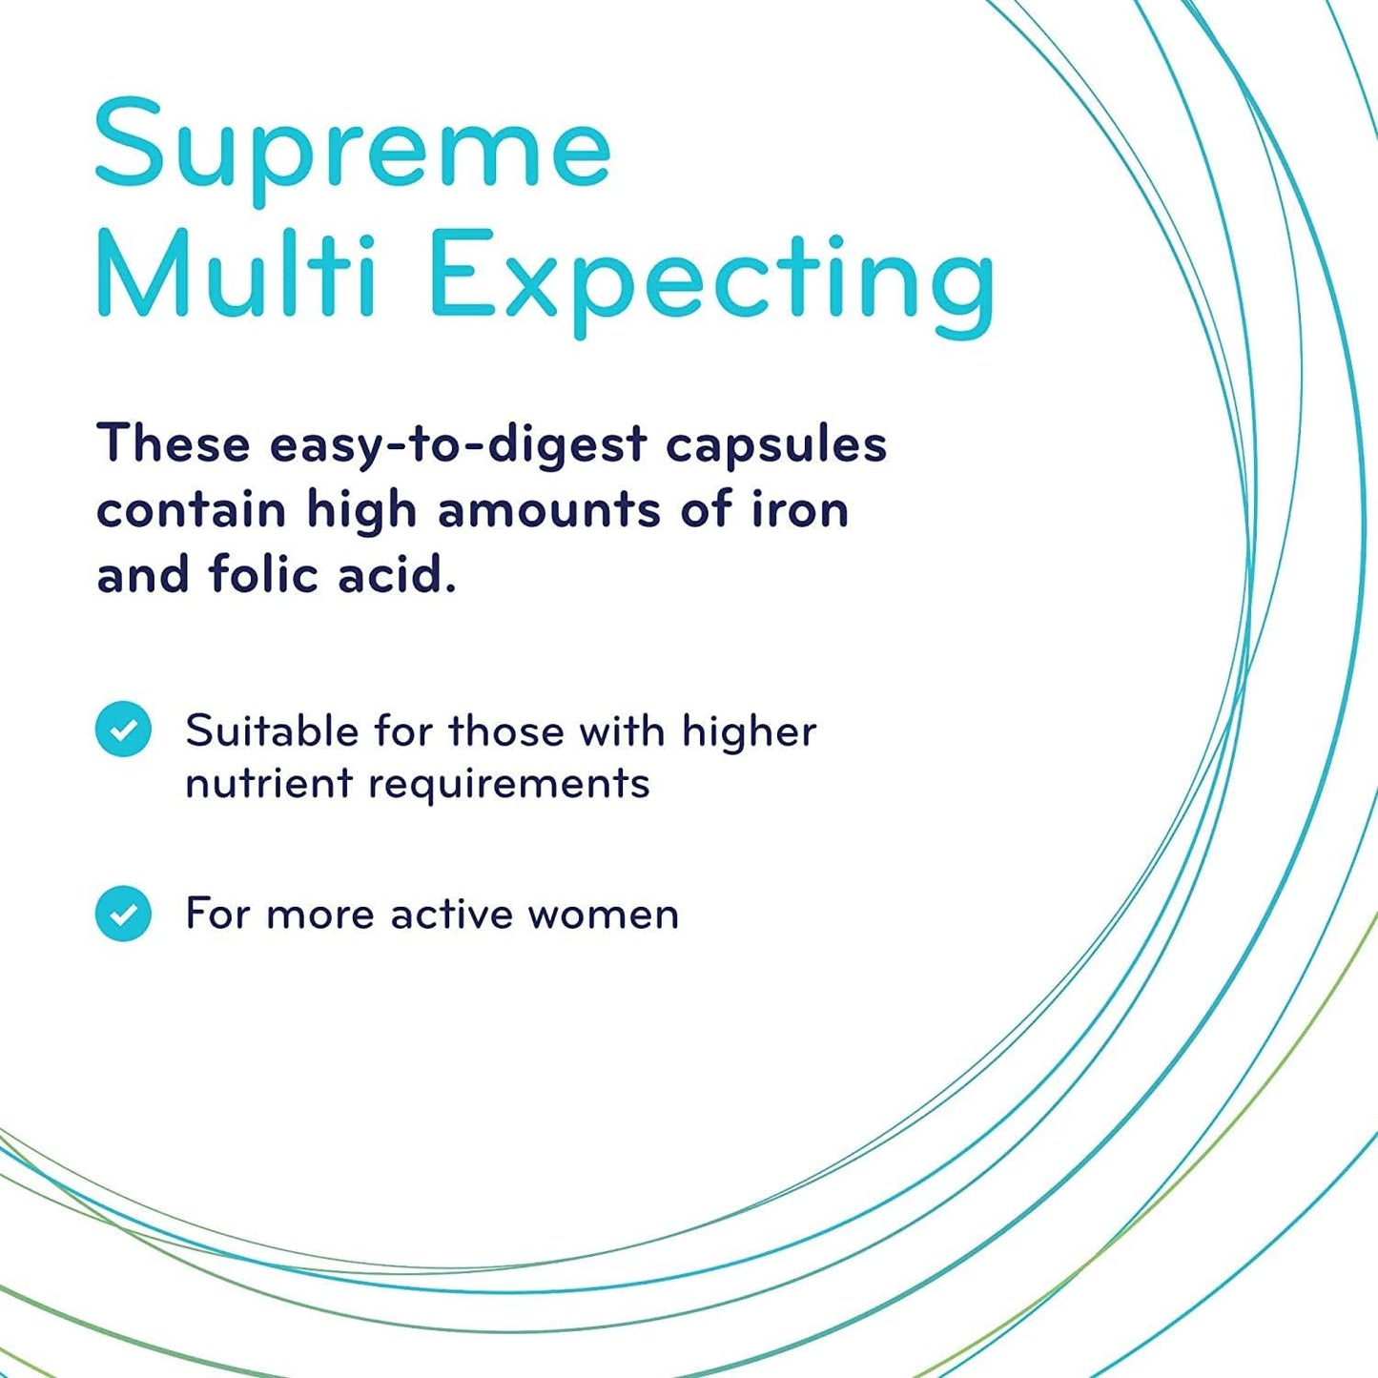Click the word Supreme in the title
[352, 146]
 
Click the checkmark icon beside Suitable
[123, 730]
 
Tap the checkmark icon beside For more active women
[123, 914]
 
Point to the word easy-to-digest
[458, 445]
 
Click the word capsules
[775, 445]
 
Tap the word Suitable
[271, 731]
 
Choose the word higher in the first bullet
[749, 732]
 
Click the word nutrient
[269, 784]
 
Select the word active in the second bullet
[452, 915]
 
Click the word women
[603, 915]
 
